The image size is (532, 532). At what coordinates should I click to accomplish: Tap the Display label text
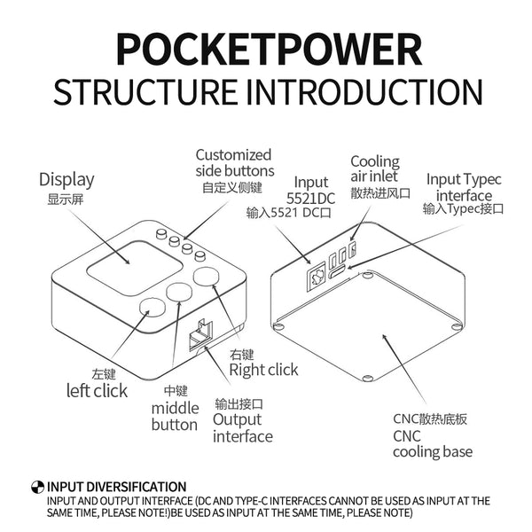(x=66, y=180)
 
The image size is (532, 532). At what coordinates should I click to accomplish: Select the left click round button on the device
(x=153, y=309)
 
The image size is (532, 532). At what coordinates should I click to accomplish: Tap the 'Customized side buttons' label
(x=234, y=162)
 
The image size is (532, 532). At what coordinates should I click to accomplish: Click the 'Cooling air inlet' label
(x=374, y=168)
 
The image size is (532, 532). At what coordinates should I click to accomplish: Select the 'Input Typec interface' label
(x=464, y=186)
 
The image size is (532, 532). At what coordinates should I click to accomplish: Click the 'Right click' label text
(x=263, y=369)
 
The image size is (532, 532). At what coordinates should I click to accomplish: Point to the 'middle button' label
(x=175, y=416)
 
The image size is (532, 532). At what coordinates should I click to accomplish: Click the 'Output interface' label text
(x=242, y=427)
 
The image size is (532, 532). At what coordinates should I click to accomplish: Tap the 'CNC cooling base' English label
(x=432, y=443)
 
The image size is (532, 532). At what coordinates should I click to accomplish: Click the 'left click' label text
(x=98, y=390)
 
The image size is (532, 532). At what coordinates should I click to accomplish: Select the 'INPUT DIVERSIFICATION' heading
(x=116, y=487)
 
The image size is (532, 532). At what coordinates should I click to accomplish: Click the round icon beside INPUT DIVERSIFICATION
(x=37, y=487)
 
